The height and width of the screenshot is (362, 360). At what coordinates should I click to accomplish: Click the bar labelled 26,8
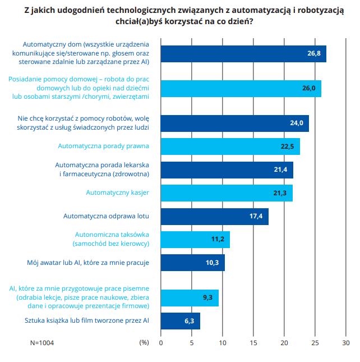[x=243, y=54]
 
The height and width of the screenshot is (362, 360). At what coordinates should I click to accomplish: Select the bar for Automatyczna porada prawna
[x=230, y=146]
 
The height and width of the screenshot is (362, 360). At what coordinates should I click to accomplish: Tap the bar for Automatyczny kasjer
[x=227, y=193]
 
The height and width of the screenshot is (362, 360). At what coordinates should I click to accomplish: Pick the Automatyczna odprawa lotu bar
[x=214, y=216]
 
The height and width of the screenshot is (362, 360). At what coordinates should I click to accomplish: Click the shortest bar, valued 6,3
[x=180, y=321]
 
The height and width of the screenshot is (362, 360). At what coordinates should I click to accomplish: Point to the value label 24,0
[x=296, y=123]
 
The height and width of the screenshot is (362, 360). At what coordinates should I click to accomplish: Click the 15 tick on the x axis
[x=253, y=342]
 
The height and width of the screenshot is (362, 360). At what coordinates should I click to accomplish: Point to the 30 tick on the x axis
[x=346, y=342]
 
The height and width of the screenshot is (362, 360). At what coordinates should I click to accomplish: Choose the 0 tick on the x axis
[x=161, y=342]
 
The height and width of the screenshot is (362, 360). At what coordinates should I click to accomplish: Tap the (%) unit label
[x=144, y=342]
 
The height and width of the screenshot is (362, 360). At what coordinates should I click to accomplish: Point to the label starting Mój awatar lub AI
[x=87, y=262]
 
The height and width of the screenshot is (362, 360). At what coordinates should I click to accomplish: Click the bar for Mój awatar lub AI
[x=192, y=263]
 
